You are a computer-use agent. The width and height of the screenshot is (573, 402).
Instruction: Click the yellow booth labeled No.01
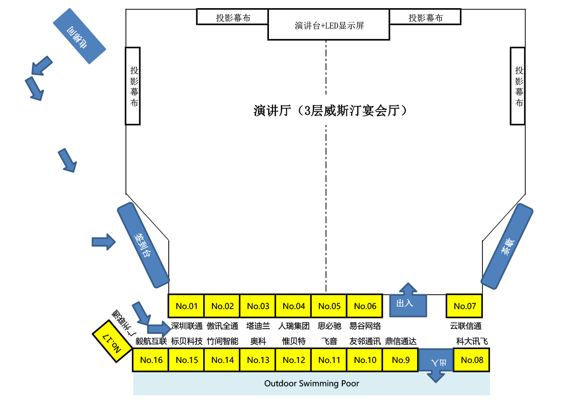point(186,306)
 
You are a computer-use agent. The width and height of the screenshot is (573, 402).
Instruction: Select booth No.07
point(465,306)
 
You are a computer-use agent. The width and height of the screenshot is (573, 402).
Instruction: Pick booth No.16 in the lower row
point(151,360)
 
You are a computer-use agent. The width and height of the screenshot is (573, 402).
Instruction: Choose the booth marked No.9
point(400,360)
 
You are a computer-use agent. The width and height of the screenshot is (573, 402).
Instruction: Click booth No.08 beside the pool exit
point(472,360)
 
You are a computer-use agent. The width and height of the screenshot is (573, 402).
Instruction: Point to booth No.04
point(294,306)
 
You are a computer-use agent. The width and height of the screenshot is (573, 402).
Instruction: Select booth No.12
point(294,360)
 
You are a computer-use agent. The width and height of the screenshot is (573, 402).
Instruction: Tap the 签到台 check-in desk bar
point(143,245)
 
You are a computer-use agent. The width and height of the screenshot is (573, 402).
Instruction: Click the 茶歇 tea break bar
point(507,246)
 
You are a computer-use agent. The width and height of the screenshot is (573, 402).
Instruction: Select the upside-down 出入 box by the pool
point(436,361)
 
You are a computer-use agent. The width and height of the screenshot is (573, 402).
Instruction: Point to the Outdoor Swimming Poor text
point(311,383)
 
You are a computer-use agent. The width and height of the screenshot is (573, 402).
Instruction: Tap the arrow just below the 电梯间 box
point(41,66)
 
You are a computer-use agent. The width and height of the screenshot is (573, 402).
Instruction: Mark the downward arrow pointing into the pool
point(436,377)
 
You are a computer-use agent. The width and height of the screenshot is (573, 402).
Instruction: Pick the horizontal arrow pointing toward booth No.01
point(159,329)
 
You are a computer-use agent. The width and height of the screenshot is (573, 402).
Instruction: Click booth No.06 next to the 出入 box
point(365,306)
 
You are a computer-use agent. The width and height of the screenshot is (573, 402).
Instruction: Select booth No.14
point(223,360)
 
